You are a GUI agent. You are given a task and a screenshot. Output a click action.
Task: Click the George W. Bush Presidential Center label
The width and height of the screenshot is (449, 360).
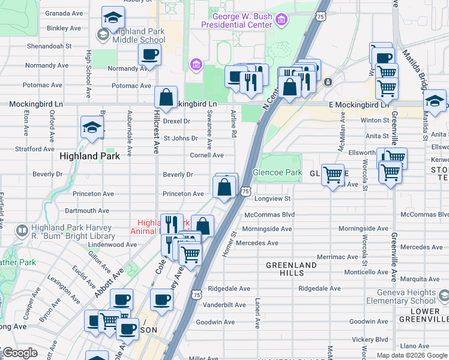click(237, 20)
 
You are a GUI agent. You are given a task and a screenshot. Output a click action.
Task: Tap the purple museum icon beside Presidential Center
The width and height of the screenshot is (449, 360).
click(280, 21)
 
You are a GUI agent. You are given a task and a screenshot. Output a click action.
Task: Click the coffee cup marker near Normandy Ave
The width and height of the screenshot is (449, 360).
click(149, 55)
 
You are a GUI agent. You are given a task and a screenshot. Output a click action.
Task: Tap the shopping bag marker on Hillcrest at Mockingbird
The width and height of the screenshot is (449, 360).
click(166, 97)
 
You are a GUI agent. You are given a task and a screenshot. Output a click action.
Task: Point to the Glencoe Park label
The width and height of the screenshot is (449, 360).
click(277, 172)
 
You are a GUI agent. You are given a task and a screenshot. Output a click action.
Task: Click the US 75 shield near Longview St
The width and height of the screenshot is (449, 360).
click(245, 191)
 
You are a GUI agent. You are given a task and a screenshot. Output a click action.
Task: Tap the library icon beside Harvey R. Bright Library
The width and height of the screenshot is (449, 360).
click(22, 230)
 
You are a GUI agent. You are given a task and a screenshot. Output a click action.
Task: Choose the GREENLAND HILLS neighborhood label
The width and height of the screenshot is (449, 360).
click(291, 269)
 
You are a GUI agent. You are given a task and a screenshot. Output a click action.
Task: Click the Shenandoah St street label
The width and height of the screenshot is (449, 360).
click(50, 45)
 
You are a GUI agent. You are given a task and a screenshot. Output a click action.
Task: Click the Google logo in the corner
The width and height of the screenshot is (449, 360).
click(19, 353)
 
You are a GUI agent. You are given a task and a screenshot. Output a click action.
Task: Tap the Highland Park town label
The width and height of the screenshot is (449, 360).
click(90, 156)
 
